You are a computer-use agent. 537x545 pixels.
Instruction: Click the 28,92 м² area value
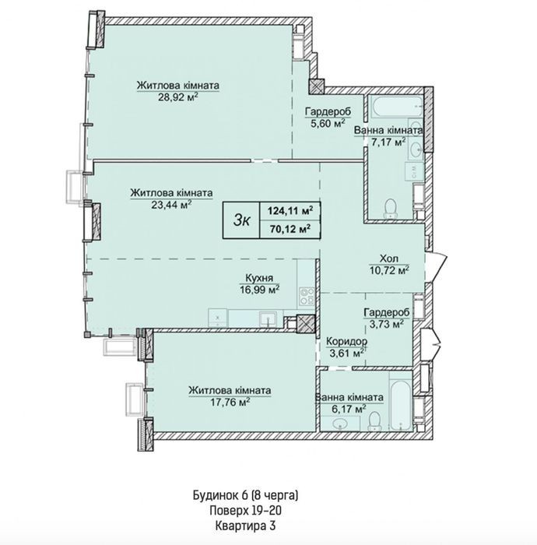(x=178, y=97)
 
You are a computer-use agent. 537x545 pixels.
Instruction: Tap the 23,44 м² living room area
(x=171, y=204)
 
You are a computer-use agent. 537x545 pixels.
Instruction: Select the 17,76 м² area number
(x=230, y=403)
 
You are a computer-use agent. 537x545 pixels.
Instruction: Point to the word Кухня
(x=259, y=278)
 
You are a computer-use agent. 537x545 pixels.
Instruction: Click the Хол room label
(x=388, y=258)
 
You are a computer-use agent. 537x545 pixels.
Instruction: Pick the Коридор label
(x=346, y=342)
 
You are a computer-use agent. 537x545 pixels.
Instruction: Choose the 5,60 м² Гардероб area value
(x=328, y=123)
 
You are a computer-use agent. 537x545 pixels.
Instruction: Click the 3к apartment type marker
(x=241, y=220)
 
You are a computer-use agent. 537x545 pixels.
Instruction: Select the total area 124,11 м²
(x=290, y=210)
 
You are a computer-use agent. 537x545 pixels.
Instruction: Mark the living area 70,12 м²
(x=290, y=229)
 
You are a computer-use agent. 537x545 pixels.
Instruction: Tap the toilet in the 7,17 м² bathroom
(x=391, y=208)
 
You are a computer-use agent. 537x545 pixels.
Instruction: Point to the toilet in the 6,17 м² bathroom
(x=374, y=421)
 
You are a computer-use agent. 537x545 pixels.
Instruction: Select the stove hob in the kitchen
(x=307, y=296)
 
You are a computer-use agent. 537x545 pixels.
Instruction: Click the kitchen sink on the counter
(x=268, y=318)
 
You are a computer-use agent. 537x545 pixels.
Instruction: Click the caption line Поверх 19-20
(x=245, y=511)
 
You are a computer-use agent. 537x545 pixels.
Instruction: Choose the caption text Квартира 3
(x=245, y=526)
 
